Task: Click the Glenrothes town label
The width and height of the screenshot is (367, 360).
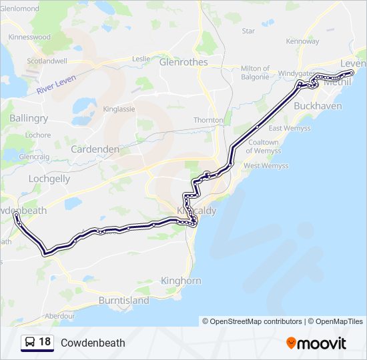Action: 183,62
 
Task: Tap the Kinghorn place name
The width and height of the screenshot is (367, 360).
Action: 181,281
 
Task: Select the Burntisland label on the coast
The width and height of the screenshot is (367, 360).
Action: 123,301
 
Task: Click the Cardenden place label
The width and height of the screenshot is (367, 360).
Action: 95,149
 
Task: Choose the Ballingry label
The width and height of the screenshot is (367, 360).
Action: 29,118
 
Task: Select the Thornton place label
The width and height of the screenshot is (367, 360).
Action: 208,120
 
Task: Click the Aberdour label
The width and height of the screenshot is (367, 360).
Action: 60,315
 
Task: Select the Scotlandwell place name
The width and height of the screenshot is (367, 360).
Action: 47,61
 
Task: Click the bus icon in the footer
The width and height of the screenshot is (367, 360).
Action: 30,343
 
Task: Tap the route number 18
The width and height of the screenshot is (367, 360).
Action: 45,342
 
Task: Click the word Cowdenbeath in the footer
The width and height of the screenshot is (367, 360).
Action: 93,343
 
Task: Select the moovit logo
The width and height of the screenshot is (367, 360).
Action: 316,343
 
